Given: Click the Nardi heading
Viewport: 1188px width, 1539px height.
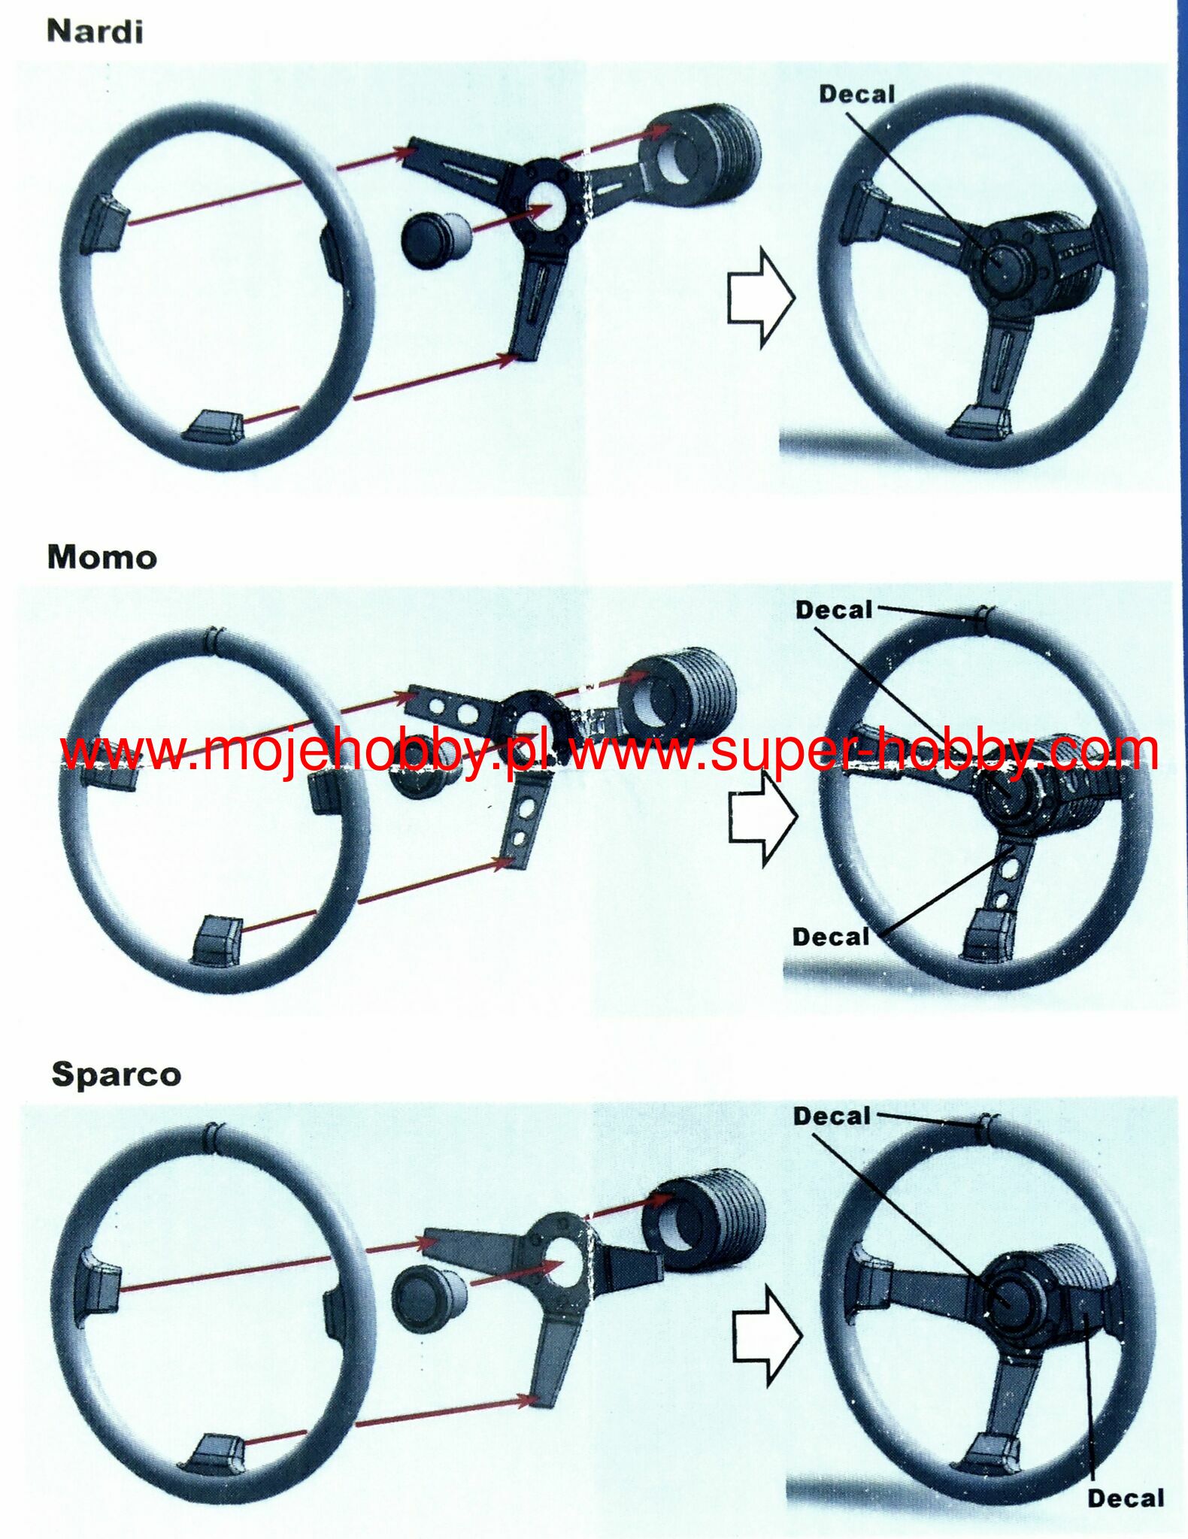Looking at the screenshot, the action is [x=95, y=32].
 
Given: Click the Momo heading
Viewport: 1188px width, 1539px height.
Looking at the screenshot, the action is [x=102, y=557].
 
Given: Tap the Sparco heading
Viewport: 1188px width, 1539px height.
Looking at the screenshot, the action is [x=117, y=1076].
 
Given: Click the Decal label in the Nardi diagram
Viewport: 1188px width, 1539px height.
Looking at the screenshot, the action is [x=857, y=94].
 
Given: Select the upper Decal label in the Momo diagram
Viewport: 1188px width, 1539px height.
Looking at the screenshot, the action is [x=834, y=610].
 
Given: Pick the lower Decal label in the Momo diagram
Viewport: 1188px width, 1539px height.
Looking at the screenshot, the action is [x=831, y=937].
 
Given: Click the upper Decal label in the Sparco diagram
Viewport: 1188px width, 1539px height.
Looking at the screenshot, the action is [x=832, y=1116].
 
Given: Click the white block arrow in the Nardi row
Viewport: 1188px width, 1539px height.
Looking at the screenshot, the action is [x=760, y=298].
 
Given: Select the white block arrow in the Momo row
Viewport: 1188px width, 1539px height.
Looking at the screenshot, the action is [x=762, y=818].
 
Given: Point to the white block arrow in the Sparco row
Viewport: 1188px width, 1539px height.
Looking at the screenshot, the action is [x=767, y=1335].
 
